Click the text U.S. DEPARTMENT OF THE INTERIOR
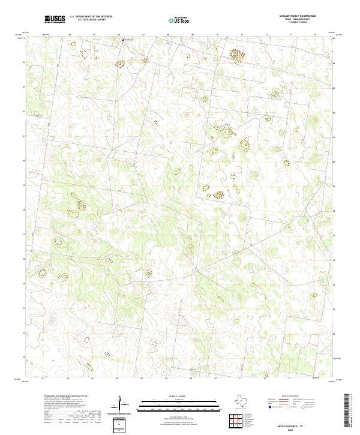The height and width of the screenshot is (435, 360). (91, 16)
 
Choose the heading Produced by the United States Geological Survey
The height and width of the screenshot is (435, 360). (66, 396)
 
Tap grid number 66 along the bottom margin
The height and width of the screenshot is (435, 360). (118, 379)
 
